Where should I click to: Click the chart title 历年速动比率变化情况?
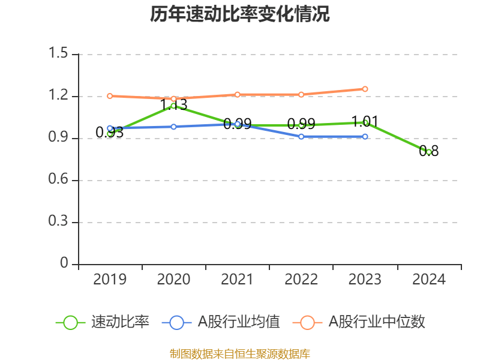pos(240,14)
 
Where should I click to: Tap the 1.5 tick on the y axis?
pos(58,54)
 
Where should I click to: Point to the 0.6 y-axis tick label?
pos(58,180)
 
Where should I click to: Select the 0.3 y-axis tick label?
pos(58,222)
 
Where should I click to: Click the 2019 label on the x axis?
pos(110,280)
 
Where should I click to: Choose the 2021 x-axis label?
pos(237,280)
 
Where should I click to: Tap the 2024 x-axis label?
pos(428,280)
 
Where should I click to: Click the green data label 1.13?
pos(173,105)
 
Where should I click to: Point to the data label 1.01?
pos(364,122)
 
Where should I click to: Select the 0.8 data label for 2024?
pos(428,151)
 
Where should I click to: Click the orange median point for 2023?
pos(365,89)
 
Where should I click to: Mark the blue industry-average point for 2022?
pos(301,137)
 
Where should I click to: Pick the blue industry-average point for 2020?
pos(173,127)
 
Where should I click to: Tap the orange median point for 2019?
pos(110,96)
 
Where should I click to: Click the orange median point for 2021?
pos(237,94)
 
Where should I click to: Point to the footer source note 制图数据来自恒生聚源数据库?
pos(240,353)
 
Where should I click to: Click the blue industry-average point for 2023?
pos(365,137)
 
